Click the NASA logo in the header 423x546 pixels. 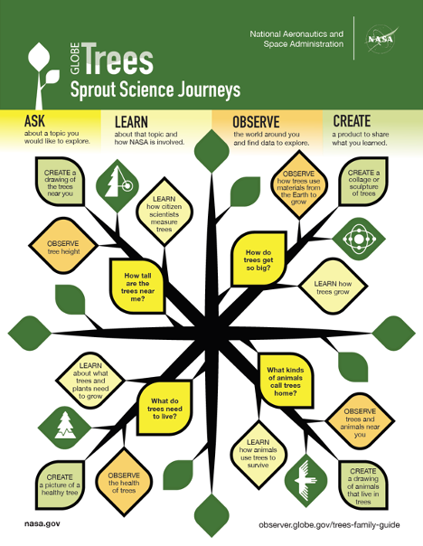point(381,38)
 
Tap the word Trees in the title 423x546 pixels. point(118,59)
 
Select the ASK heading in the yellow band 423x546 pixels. point(35,121)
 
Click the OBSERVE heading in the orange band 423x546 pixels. point(256,122)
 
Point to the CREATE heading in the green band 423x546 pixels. point(352,121)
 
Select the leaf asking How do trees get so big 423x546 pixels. point(258,259)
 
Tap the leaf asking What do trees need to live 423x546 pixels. point(164,408)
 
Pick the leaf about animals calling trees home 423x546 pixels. point(286,381)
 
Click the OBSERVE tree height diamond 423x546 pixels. point(63,246)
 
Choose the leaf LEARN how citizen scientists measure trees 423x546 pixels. point(164,213)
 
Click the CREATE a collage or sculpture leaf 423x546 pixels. point(363,182)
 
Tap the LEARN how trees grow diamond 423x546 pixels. point(334,287)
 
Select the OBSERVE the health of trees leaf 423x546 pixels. point(124,483)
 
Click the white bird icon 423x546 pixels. point(306,479)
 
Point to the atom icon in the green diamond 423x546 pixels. point(358,239)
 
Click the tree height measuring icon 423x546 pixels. point(117,185)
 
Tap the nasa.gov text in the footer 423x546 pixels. point(42,523)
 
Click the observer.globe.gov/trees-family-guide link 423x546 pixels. point(329,525)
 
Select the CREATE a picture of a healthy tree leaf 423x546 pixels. point(60,485)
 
